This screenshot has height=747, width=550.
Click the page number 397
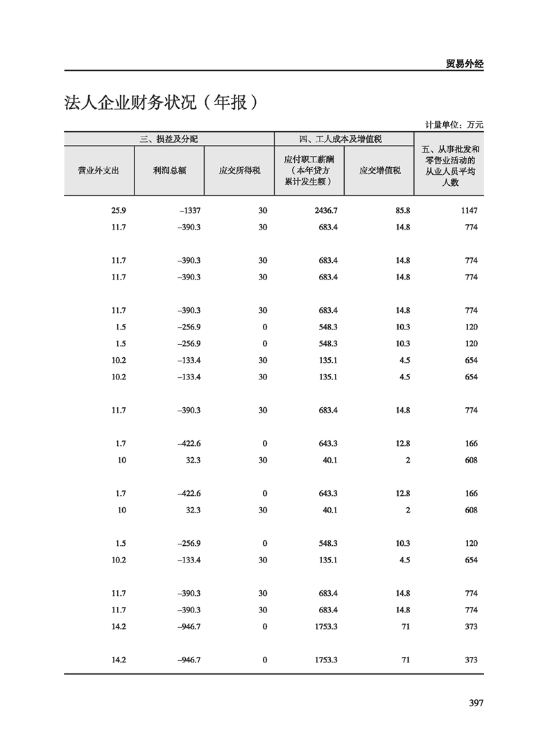click(475, 703)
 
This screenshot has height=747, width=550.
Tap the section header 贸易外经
click(464, 63)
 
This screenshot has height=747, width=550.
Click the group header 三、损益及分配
click(169, 139)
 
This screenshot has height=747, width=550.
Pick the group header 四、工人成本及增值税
click(344, 139)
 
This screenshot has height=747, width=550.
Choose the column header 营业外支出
click(98, 171)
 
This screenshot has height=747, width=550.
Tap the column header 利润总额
click(169, 171)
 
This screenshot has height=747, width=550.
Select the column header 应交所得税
click(239, 171)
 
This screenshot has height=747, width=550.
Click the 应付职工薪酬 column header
click(309, 170)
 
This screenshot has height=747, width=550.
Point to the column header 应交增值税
click(379, 171)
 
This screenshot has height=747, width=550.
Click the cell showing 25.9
click(118, 210)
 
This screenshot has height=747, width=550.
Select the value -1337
click(189, 210)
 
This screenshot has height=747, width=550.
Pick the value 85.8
click(402, 210)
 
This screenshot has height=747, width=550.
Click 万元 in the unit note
click(474, 125)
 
